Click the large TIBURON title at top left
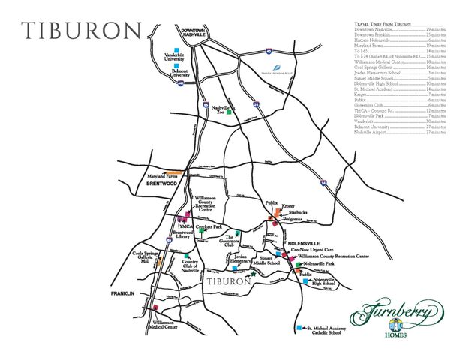coord(81,31)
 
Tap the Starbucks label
coord(293,213)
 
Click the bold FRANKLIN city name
coord(122,292)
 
